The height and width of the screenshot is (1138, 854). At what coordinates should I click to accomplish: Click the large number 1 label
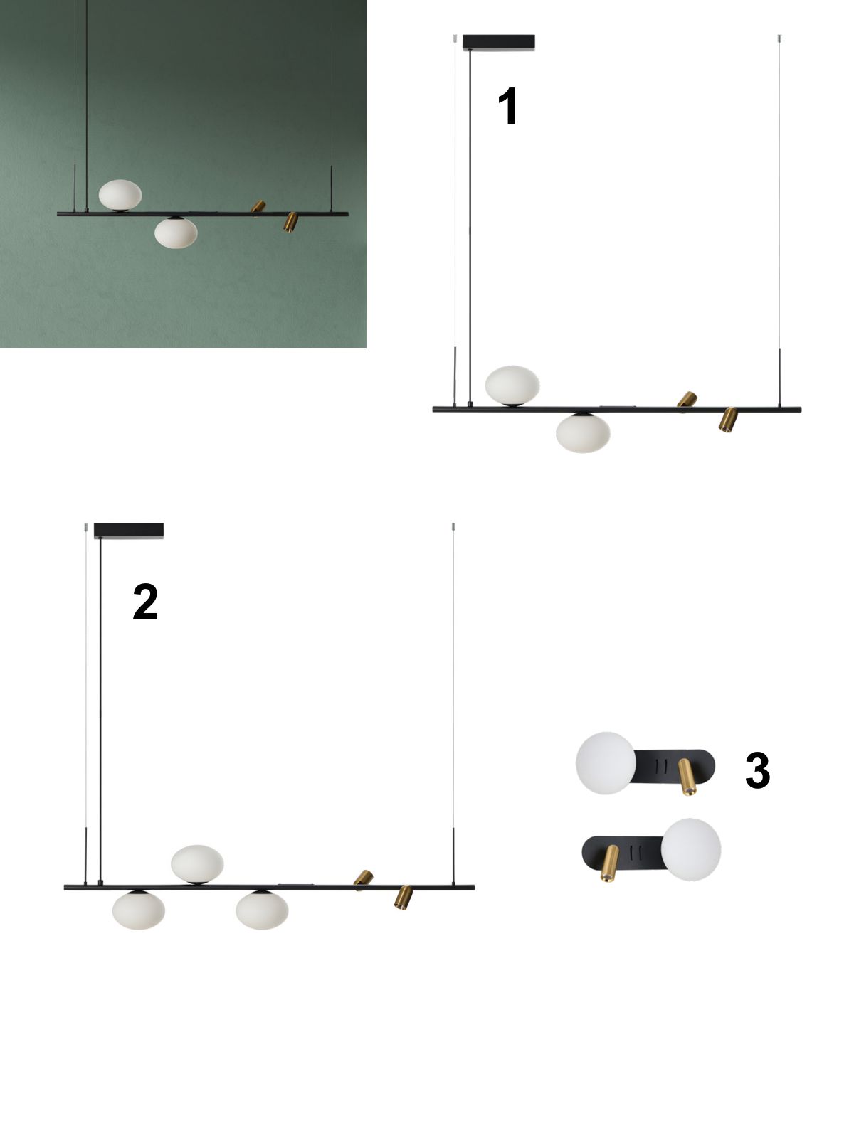pos(507,106)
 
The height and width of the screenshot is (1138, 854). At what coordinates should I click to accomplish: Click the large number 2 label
pos(145,602)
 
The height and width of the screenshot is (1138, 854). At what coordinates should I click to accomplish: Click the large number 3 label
pos(757,770)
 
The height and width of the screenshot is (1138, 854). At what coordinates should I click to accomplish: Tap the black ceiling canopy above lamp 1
pos(498,43)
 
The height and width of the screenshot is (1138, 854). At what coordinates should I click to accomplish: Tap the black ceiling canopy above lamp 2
pos(129,531)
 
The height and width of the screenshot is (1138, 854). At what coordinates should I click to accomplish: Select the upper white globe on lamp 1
pos(512,385)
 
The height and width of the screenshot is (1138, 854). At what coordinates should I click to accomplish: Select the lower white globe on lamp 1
pos(583,432)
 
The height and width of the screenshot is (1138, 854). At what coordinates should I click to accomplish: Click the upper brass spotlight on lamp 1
pos(687,399)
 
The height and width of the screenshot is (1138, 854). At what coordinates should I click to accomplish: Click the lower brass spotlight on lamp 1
pos(727,420)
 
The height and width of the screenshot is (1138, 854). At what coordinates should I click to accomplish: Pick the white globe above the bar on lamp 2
pos(198,864)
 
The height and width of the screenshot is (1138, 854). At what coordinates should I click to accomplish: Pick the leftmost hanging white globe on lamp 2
pos(139,910)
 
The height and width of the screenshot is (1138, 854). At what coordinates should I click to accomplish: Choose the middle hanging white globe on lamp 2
pos(262,910)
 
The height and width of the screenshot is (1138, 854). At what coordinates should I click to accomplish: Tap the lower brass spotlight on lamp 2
pos(404,897)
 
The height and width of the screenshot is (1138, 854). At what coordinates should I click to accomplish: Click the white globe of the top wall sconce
pos(606,763)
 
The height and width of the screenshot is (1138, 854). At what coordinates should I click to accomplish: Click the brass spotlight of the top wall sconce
pos(687,777)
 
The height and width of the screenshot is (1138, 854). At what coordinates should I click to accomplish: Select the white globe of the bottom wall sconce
pos(690,849)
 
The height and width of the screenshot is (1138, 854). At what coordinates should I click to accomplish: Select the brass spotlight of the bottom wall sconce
pos(609,863)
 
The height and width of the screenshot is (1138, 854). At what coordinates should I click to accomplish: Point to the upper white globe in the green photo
pos(120,195)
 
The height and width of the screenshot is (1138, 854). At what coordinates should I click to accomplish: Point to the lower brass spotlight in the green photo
pos(290,222)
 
